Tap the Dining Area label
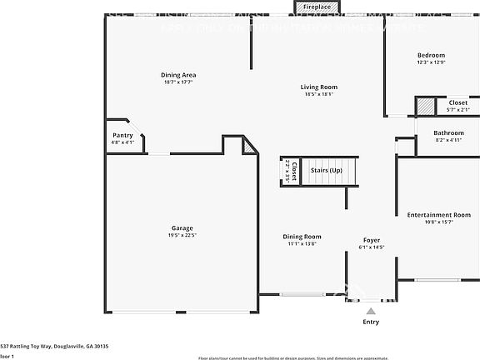click(x=178, y=75)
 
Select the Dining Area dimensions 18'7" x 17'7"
click(x=178, y=82)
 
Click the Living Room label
click(x=319, y=87)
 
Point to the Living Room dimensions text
click(x=319, y=94)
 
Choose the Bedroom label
click(x=431, y=55)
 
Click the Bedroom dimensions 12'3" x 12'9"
click(x=431, y=62)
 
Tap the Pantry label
click(x=122, y=135)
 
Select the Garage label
click(x=182, y=227)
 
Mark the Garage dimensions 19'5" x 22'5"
click(x=182, y=235)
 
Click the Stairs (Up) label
click(x=326, y=170)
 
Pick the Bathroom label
click(x=448, y=133)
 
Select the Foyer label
click(x=371, y=239)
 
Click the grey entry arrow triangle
click(x=371, y=310)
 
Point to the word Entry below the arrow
click(x=371, y=322)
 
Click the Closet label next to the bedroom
click(x=458, y=102)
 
